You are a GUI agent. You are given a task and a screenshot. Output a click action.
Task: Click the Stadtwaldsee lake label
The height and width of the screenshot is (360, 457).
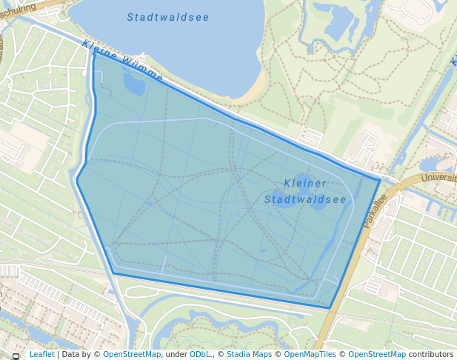pyautogui.click(x=167, y=17)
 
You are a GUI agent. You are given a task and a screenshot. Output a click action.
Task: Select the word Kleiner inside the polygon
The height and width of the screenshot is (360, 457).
pyautogui.click(x=305, y=184)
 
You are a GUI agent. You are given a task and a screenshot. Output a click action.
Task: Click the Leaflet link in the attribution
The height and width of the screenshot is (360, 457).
pyautogui.click(x=41, y=355)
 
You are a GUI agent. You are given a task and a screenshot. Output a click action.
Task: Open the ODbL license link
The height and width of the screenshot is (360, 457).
pyautogui.click(x=200, y=355)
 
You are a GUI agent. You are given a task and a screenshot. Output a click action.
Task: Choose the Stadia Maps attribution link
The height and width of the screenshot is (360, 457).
pyautogui.click(x=249, y=355)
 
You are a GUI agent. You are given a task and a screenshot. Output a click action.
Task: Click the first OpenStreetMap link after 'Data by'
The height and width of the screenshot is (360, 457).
pyautogui.click(x=132, y=355)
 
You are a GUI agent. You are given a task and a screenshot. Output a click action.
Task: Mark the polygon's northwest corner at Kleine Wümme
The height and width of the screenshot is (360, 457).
pyautogui.click(x=94, y=52)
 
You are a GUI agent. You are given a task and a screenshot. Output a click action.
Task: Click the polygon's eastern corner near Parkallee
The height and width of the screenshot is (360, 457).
pyautogui.click(x=380, y=180)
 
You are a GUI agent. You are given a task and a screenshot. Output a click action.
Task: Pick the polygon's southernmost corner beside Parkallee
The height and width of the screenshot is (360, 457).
pyautogui.click(x=330, y=308)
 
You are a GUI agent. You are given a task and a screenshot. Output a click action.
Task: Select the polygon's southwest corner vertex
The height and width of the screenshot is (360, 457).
pyautogui.click(x=114, y=273)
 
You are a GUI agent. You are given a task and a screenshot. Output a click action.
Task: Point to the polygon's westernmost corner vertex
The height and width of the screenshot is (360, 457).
pyautogui.click(x=76, y=179)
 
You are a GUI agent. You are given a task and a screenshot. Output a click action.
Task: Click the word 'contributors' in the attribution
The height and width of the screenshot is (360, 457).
pyautogui.click(x=432, y=355)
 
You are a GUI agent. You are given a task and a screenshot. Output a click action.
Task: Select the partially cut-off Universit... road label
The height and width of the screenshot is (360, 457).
pyautogui.click(x=438, y=178)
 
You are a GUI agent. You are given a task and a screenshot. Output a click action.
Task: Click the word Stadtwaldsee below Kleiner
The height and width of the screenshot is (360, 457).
pyautogui.click(x=305, y=199)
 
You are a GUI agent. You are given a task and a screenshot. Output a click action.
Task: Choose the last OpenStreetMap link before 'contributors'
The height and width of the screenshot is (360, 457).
pyautogui.click(x=377, y=355)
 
